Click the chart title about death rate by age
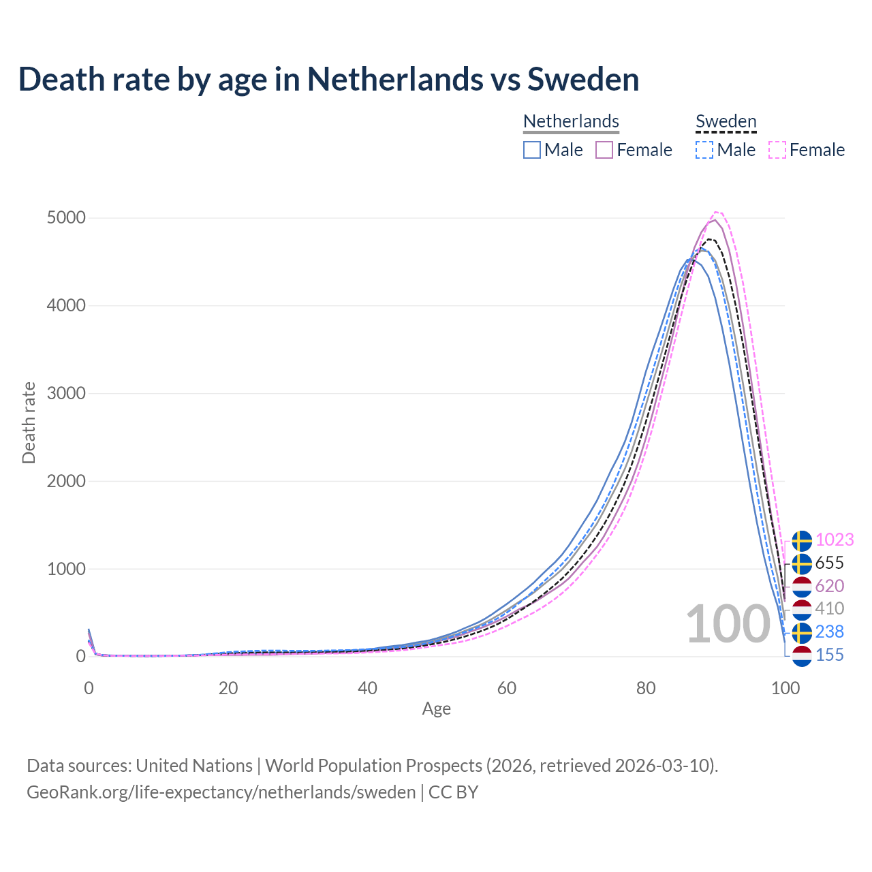328,79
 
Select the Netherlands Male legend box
532,150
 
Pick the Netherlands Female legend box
604,150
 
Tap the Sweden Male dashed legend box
704,150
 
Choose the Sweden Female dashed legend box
777,150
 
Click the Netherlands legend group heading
571,121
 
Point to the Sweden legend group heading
726,121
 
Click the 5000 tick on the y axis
66,218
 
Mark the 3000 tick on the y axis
66,394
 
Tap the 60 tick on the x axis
507,688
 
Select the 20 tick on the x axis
228,688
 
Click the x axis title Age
436,709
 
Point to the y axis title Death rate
29,423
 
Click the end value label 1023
835,540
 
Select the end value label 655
830,563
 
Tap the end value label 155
830,655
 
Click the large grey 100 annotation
728,624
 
